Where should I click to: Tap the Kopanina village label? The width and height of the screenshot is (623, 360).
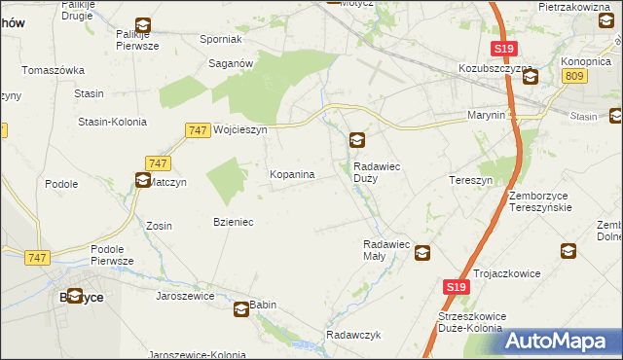click(x=291, y=174)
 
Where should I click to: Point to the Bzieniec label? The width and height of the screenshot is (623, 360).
click(x=234, y=222)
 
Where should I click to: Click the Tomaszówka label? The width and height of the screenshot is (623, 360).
click(x=55, y=70)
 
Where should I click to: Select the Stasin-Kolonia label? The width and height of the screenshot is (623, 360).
click(x=112, y=122)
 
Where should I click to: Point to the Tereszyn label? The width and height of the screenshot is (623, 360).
click(x=472, y=181)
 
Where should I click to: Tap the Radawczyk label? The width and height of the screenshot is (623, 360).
click(x=352, y=335)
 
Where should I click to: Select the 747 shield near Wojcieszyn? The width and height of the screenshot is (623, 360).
click(x=198, y=129)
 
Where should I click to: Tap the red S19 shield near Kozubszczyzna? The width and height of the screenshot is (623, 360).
click(x=503, y=49)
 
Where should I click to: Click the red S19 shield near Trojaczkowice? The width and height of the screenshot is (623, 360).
click(x=458, y=287)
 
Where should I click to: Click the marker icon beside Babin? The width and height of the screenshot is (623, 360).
click(x=240, y=310)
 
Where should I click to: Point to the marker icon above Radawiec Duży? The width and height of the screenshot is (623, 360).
click(x=358, y=142)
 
